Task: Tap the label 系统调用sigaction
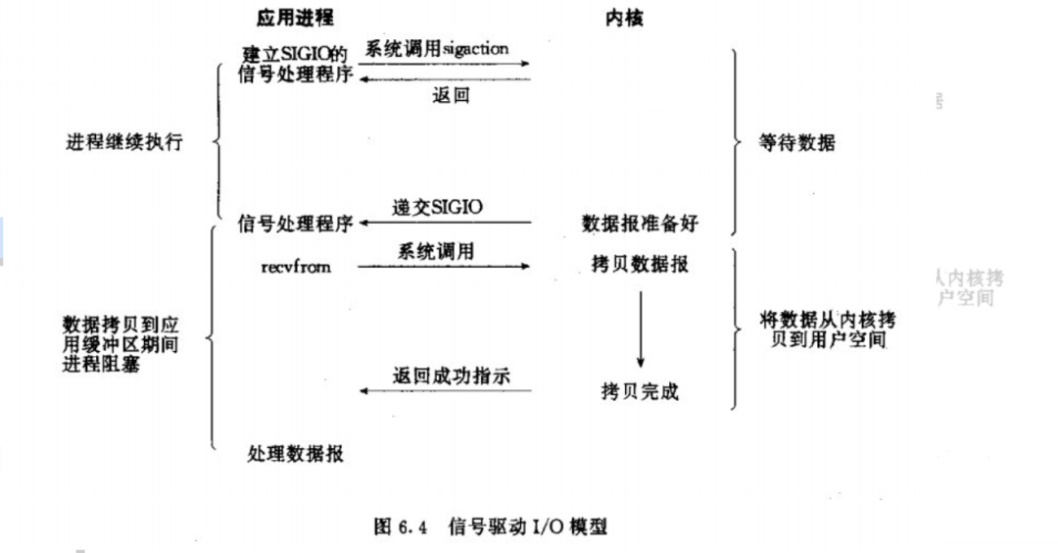click(x=438, y=47)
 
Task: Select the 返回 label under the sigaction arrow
click(x=451, y=95)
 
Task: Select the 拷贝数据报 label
click(x=642, y=266)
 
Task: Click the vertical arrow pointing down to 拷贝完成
click(x=641, y=327)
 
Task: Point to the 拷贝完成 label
click(x=640, y=392)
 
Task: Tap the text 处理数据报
click(x=296, y=454)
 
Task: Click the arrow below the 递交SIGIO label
click(x=445, y=224)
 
